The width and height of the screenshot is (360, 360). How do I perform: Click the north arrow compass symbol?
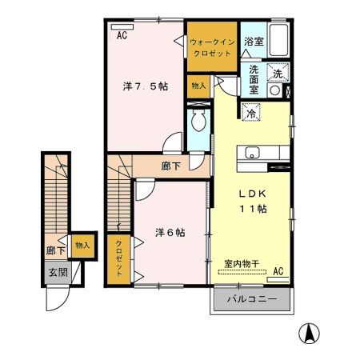(x=307, y=333)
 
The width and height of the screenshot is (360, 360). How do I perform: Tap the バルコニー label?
(x=252, y=299)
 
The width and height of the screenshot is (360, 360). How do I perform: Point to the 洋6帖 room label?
(x=170, y=233)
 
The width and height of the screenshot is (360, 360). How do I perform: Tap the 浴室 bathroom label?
(x=254, y=40)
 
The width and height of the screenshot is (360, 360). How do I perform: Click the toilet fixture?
(x=198, y=124)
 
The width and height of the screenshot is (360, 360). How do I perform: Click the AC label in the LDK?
(x=278, y=272)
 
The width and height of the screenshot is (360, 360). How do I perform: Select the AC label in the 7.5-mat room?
(x=122, y=36)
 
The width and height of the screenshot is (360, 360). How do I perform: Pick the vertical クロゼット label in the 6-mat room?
(x=118, y=258)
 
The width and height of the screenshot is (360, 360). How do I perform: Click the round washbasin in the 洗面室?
(x=276, y=90)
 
